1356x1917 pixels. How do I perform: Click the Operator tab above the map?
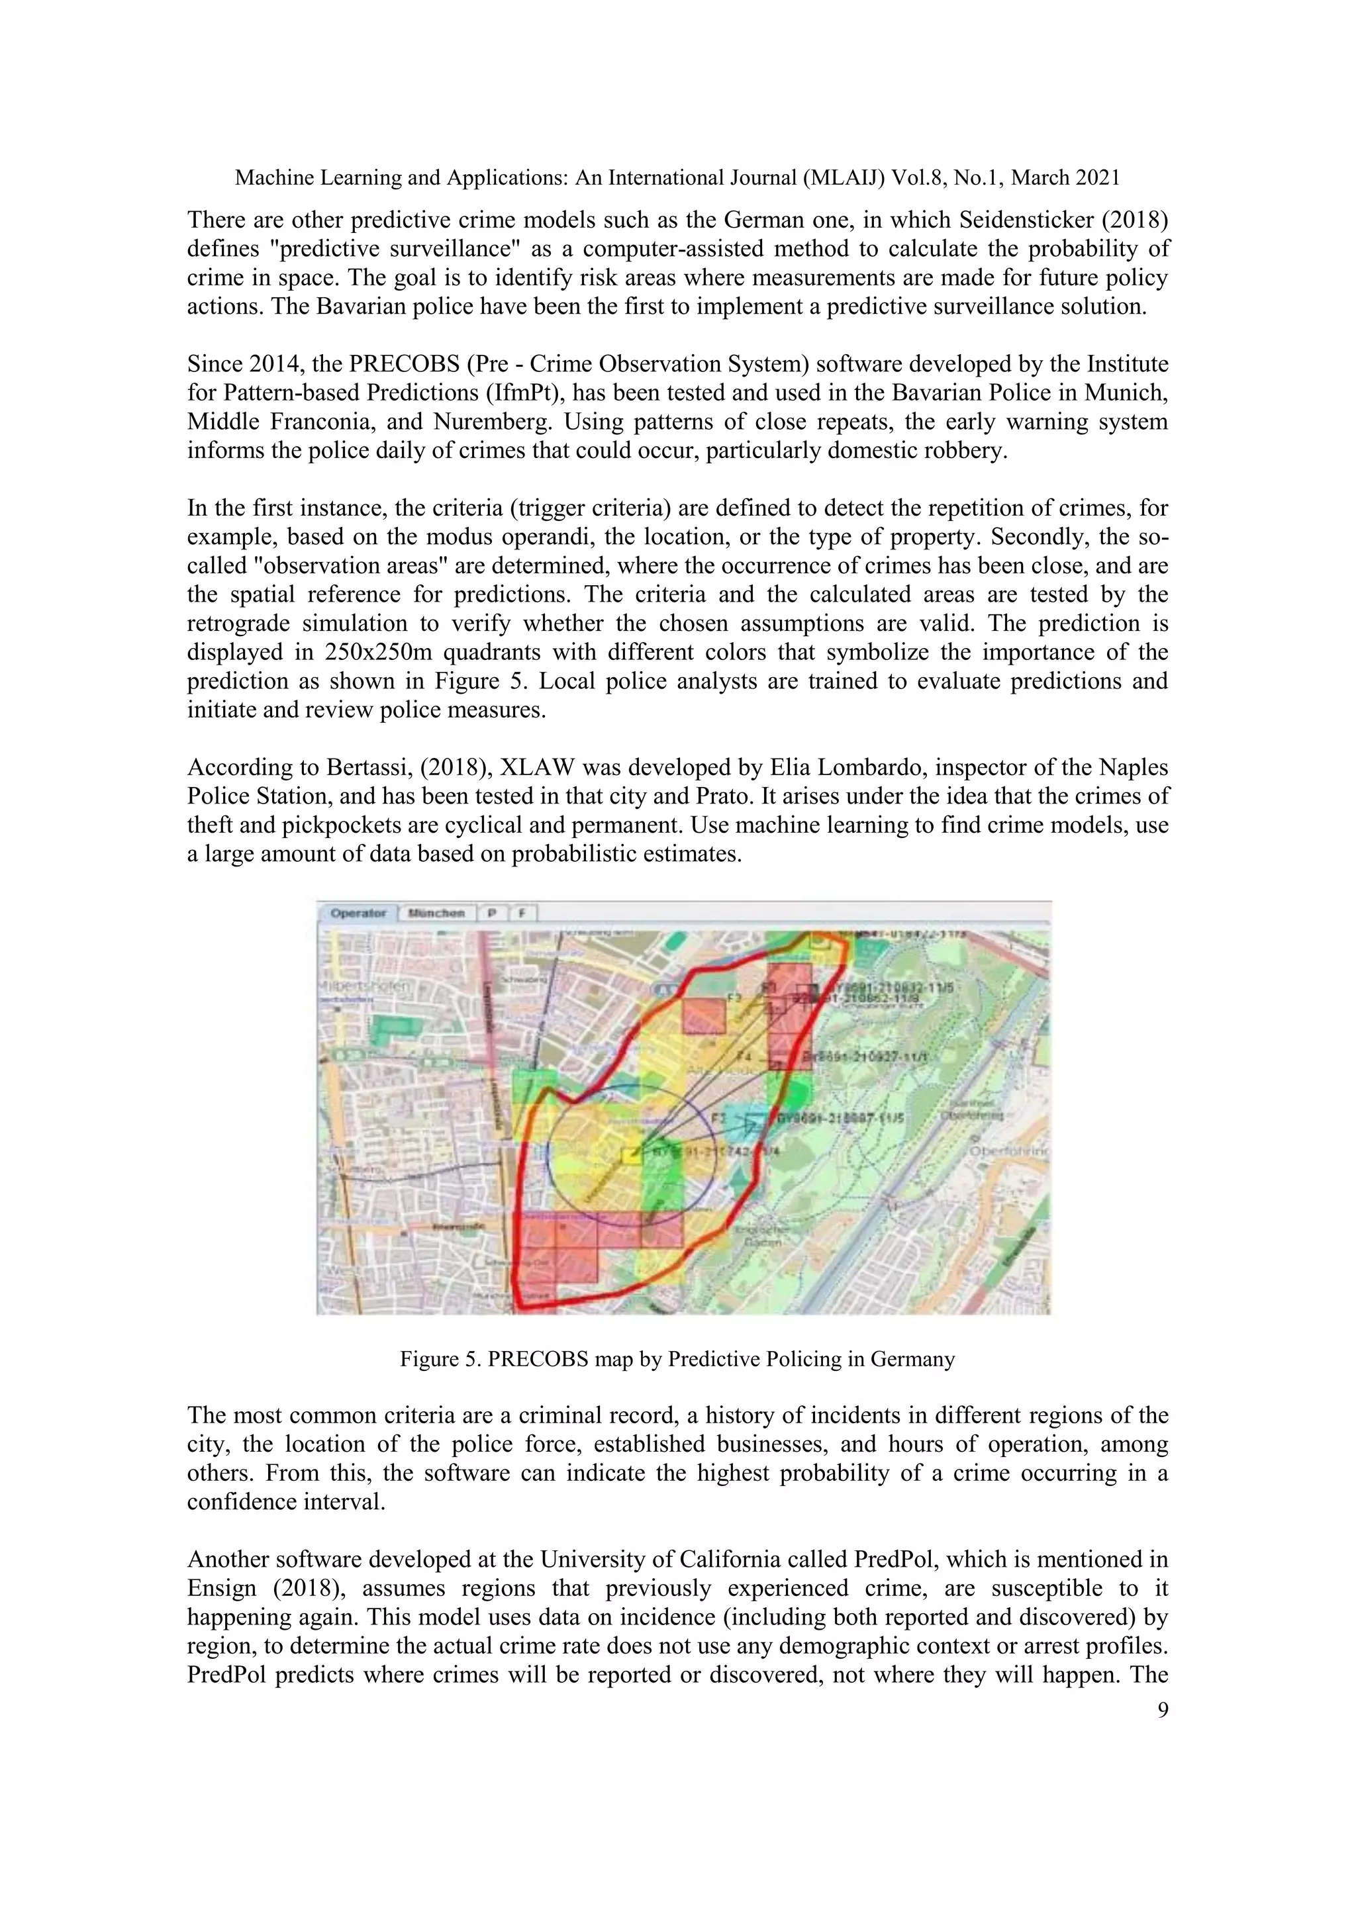click(358, 913)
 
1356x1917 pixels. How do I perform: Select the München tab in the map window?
click(436, 913)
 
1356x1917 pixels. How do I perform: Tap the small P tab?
click(493, 913)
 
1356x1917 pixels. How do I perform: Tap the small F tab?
click(522, 913)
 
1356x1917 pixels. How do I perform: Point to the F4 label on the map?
click(744, 1056)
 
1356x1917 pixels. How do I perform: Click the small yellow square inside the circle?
click(632, 1156)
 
